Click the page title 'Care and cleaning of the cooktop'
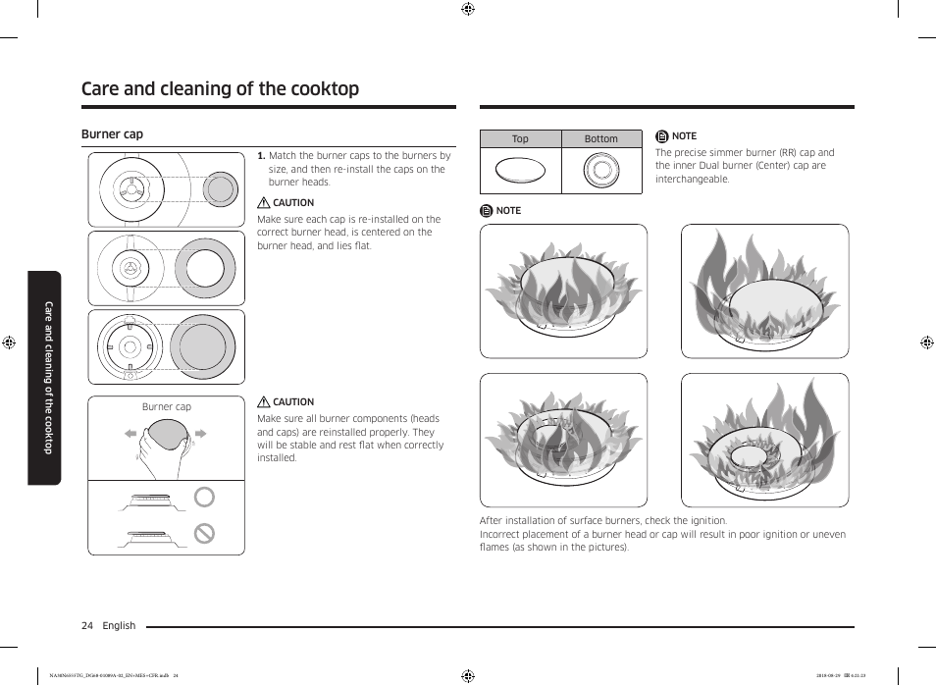[220, 89]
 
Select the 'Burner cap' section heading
[112, 134]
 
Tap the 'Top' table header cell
[520, 139]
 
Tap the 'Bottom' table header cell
[600, 139]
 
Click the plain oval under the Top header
[520, 171]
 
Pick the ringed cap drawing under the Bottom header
[600, 171]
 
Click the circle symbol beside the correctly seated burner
[204, 498]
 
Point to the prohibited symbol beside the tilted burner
[204, 534]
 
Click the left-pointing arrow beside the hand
[130, 433]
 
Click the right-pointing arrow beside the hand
[200, 433]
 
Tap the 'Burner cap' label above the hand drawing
[167, 407]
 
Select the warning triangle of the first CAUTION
[263, 203]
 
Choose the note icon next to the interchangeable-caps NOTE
[662, 136]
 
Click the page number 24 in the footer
[87, 626]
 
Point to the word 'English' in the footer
[120, 626]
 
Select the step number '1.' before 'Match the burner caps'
[261, 156]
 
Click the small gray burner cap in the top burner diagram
[221, 189]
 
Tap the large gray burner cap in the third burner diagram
[203, 346]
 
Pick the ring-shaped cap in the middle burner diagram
[205, 268]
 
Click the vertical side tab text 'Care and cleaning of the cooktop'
[46, 378]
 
